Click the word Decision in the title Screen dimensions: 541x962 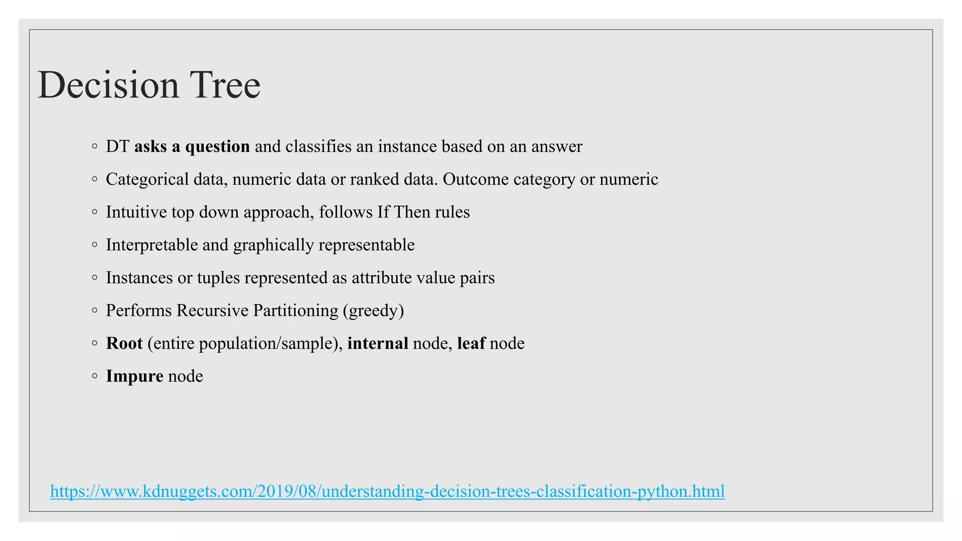click(x=109, y=85)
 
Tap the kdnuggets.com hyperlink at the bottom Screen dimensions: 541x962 click(x=387, y=491)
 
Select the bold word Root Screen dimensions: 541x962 click(x=124, y=343)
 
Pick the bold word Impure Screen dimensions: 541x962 click(x=134, y=376)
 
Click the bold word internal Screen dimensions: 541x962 click(x=378, y=343)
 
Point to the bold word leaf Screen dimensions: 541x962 click(x=471, y=343)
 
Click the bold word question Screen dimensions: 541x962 click(x=217, y=147)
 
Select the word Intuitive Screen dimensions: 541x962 click(x=136, y=212)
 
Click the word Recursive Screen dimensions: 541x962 click(x=212, y=310)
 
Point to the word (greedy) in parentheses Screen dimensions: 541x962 click(x=373, y=311)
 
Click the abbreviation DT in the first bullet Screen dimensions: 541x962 click(x=117, y=147)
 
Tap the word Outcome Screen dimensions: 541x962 click(x=475, y=179)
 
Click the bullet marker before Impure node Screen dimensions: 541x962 click(x=95, y=376)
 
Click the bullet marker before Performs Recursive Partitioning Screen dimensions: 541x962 click(x=95, y=310)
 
